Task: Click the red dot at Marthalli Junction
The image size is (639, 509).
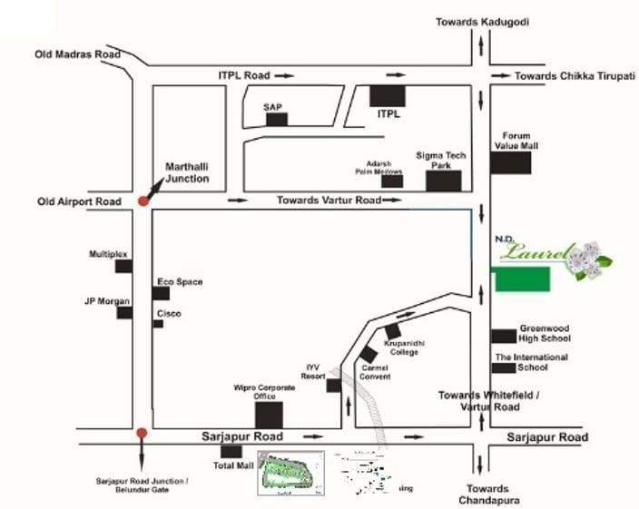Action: tap(143, 200)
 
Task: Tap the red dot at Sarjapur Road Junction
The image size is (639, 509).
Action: tap(141, 433)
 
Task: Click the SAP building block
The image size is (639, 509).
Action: tap(276, 118)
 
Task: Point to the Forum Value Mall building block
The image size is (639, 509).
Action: tap(511, 162)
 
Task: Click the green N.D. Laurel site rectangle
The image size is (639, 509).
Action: tap(522, 279)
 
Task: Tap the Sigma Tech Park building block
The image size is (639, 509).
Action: tap(444, 180)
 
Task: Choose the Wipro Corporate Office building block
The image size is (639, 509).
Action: tap(269, 415)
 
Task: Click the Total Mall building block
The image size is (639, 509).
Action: tap(231, 451)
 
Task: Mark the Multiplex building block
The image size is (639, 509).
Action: tap(124, 266)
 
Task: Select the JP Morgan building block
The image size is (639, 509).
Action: tap(125, 312)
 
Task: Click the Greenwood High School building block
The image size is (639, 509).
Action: tap(504, 336)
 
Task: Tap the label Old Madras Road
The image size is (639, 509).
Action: tap(77, 54)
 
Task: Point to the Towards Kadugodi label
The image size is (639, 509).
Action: tap(482, 21)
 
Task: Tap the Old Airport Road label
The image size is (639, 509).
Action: tap(78, 201)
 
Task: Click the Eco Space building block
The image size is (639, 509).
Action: tap(161, 294)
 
